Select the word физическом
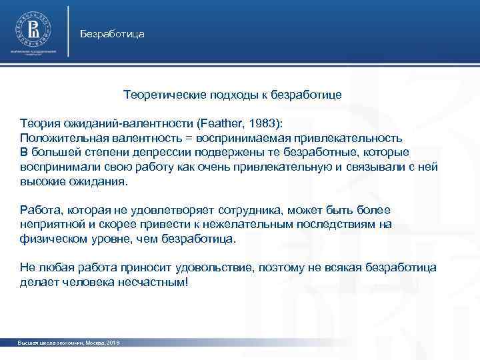[x=51, y=239]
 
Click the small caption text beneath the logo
[x=33, y=53]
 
